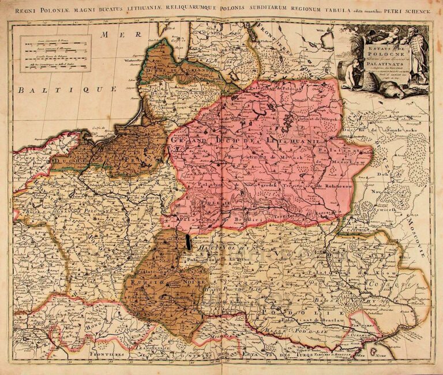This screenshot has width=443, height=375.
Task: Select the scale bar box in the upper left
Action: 55,53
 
